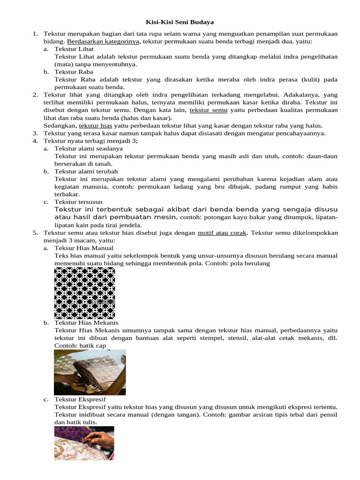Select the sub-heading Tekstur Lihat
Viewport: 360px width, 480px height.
(74, 49)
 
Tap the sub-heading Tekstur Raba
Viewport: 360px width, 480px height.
(74, 72)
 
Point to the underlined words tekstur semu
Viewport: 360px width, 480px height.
(209, 110)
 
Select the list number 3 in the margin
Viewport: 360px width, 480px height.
(35, 133)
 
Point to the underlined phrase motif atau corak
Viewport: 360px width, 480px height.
(223, 232)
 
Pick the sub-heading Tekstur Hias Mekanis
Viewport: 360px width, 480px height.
(86, 322)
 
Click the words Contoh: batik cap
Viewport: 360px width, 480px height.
(80, 345)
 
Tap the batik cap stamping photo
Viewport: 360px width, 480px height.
(90, 372)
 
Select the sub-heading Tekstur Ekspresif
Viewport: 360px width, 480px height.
(78, 399)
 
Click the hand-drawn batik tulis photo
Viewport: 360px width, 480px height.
(84, 443)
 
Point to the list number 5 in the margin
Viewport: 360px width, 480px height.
(35, 232)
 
